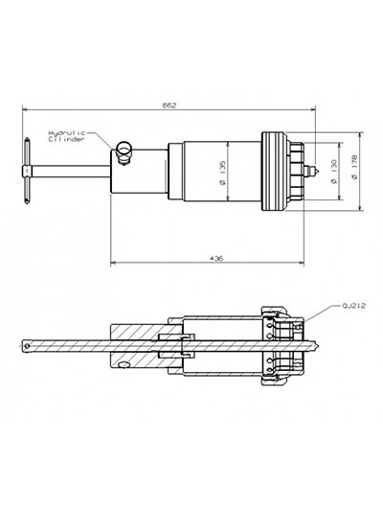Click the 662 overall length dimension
pyautogui.click(x=169, y=105)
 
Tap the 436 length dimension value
pyautogui.click(x=216, y=259)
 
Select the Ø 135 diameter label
pyautogui.click(x=222, y=173)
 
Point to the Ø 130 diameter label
pyautogui.click(x=334, y=172)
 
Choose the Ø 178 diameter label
pyautogui.click(x=354, y=167)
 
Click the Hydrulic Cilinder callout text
pyautogui.click(x=67, y=136)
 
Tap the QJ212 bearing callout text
pyautogui.click(x=353, y=306)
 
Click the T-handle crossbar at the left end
pyautogui.click(x=27, y=171)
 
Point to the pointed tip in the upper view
pyautogui.click(x=316, y=171)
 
